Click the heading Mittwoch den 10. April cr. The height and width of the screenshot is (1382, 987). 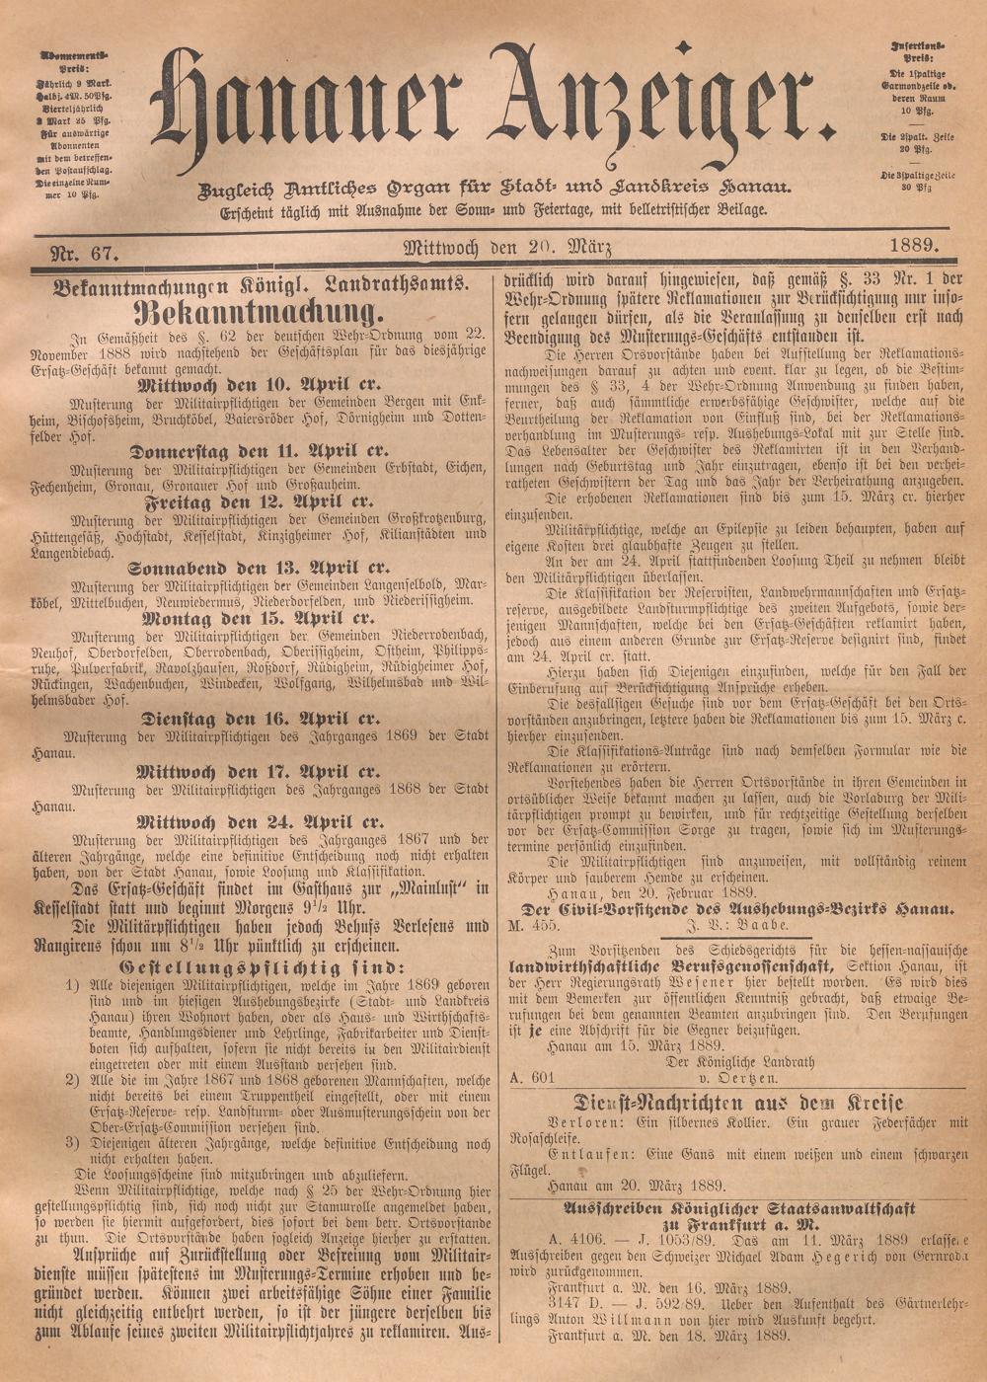(x=259, y=385)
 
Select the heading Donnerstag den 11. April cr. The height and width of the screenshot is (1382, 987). (x=259, y=451)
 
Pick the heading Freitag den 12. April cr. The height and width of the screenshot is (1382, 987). (x=259, y=500)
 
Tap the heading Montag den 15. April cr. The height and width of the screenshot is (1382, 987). (x=259, y=618)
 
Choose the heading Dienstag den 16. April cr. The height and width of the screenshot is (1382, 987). (x=259, y=719)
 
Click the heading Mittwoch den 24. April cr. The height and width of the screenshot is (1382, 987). (x=259, y=821)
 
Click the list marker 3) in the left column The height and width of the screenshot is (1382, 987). (x=72, y=1142)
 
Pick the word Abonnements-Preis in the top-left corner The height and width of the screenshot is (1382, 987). (x=74, y=60)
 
